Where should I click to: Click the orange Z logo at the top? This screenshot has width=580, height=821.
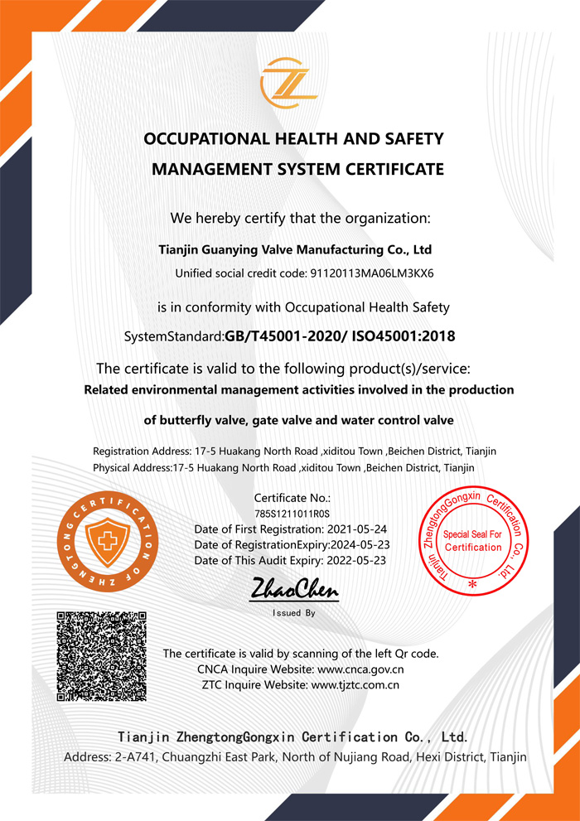[289, 84]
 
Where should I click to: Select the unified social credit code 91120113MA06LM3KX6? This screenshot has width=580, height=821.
[372, 273]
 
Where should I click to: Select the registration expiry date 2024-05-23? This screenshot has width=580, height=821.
[360, 544]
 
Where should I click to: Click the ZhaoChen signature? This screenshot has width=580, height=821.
[294, 590]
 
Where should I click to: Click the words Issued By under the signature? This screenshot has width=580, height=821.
[294, 614]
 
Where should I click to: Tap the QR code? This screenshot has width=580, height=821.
[102, 655]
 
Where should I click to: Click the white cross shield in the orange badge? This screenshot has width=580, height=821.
[104, 540]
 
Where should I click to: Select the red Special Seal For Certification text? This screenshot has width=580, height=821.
[473, 541]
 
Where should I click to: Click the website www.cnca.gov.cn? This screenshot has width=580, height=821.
[360, 669]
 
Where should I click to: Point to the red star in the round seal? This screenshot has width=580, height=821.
[473, 584]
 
